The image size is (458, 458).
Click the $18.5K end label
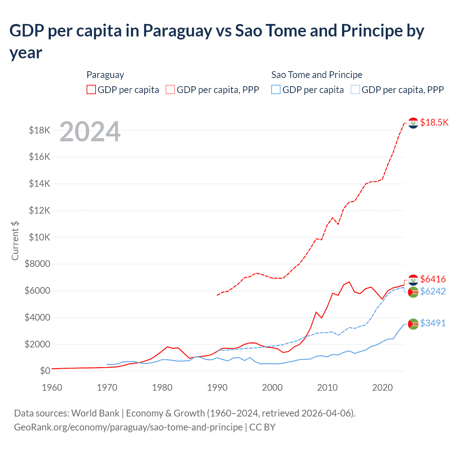tap(434, 122)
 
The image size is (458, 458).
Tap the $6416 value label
tap(433, 279)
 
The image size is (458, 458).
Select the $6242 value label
tap(433, 291)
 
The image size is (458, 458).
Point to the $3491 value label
tap(433, 323)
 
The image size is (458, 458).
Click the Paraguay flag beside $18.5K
tap(413, 123)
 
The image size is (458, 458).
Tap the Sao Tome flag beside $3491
tap(413, 324)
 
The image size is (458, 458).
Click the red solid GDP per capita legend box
tap(91, 89)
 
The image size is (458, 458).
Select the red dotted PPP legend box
tap(170, 89)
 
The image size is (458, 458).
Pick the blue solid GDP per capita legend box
tap(276, 89)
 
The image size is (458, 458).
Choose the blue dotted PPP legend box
tap(355, 89)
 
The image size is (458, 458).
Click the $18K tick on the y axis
tap(40, 130)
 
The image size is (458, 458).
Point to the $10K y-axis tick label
tap(40, 237)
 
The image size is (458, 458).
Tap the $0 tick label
tap(45, 371)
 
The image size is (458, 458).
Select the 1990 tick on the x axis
tap(217, 388)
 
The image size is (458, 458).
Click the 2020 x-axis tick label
tap(383, 388)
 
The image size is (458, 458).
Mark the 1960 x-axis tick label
tap(52, 388)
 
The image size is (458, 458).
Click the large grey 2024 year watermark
tap(90, 132)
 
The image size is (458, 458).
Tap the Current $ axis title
tap(15, 240)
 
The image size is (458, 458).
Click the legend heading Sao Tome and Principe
tap(317, 75)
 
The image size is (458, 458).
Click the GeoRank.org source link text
tap(128, 427)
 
